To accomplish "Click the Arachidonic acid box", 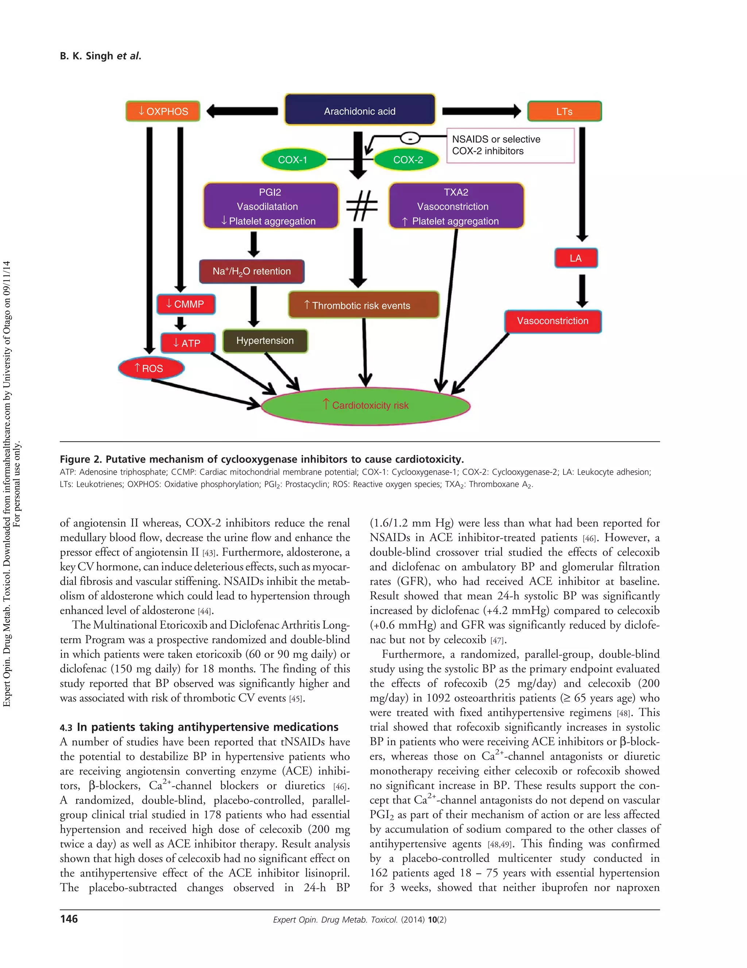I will point(360,110).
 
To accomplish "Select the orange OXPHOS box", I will point(163,111).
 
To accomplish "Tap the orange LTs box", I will point(564,111).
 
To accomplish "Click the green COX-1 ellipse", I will point(293,160).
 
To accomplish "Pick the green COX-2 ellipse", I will point(407,160).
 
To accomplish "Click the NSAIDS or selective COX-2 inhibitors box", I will point(510,145).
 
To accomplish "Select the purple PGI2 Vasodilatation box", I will point(270,206).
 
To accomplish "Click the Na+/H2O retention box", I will point(251,271).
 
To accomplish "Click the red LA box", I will point(576,258).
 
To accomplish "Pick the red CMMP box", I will point(185,304).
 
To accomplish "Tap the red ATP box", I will point(187,343).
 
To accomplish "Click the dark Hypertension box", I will point(265,341).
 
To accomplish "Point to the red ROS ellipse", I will point(151,368).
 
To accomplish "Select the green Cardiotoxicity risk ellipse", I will point(365,405).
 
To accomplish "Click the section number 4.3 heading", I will point(66,728).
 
